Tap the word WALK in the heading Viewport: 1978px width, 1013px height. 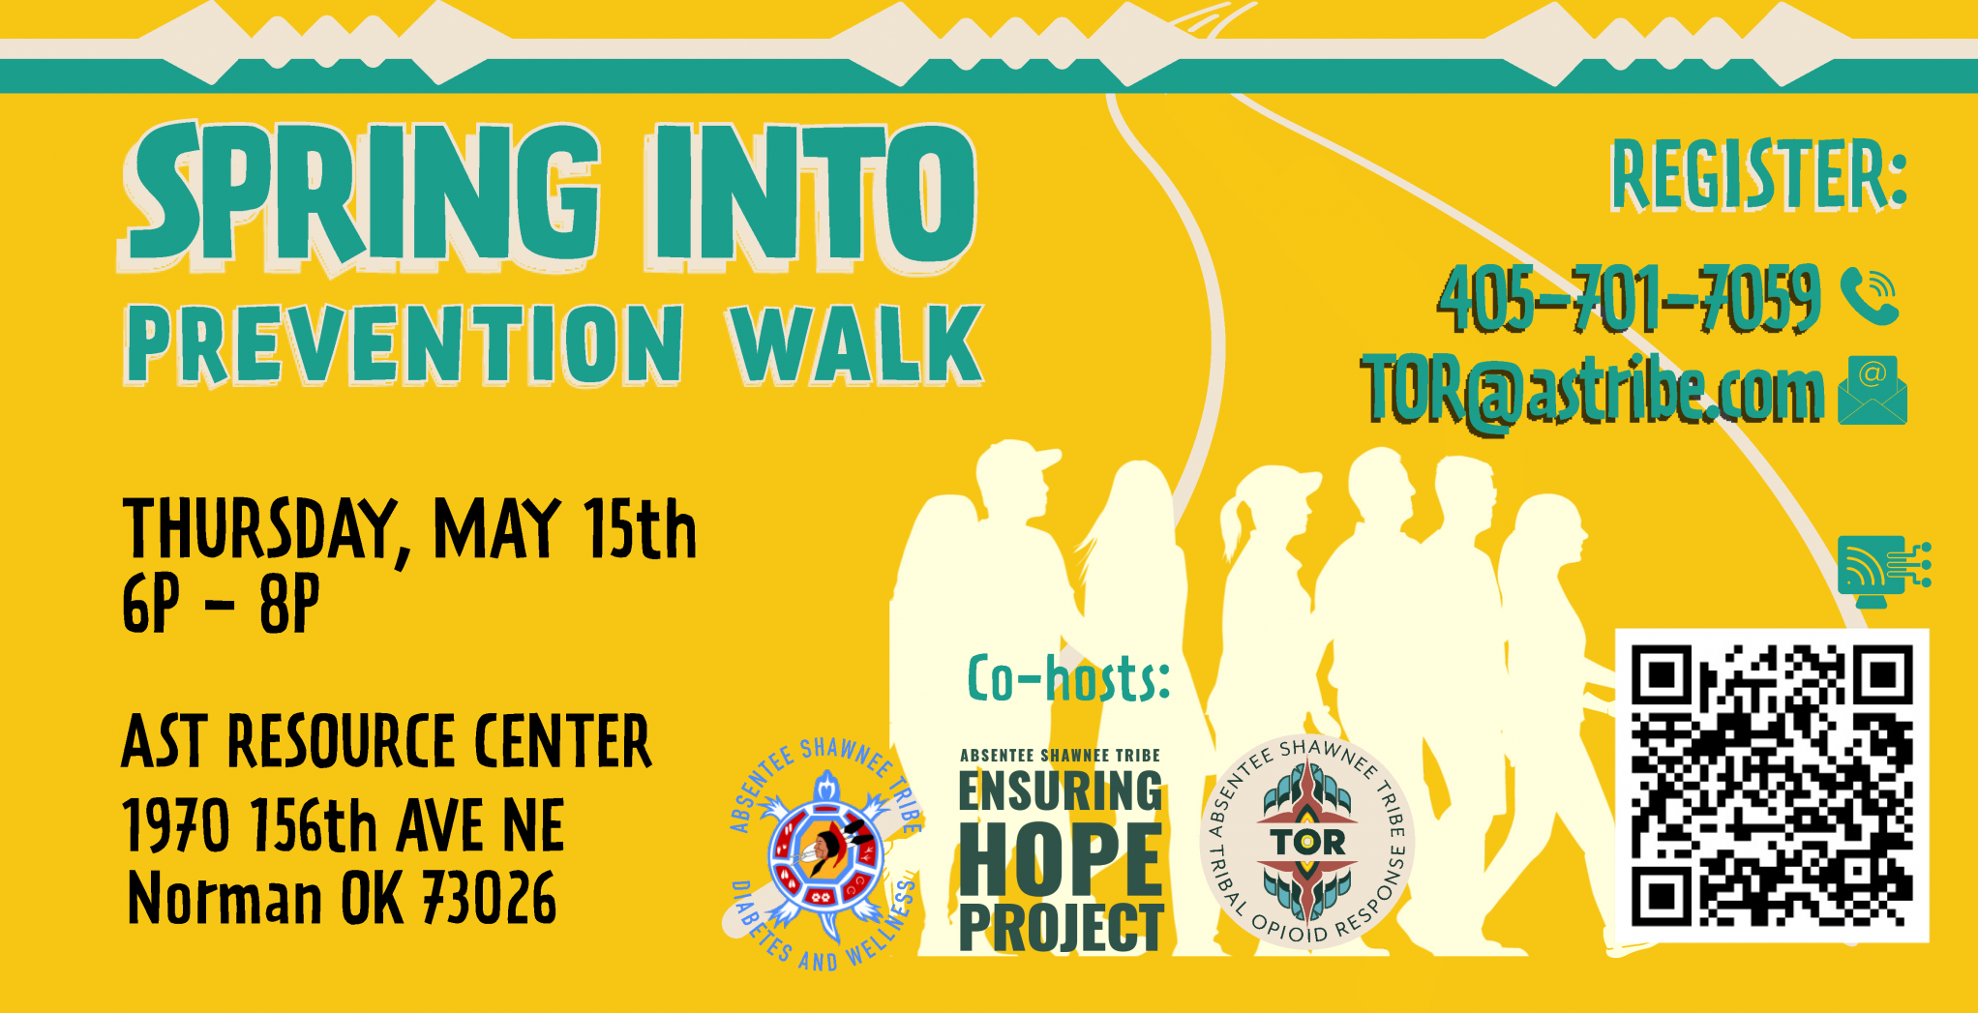(856, 344)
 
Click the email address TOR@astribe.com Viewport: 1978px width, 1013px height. (1593, 392)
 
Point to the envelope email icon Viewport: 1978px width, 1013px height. (1873, 390)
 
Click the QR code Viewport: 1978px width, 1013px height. (1772, 785)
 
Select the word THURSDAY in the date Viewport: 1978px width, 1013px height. (260, 529)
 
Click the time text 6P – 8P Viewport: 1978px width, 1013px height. (221, 604)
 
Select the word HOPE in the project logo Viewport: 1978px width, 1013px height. (1061, 860)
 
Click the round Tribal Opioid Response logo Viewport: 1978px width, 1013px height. (1307, 841)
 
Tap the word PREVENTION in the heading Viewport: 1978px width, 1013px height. (405, 344)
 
